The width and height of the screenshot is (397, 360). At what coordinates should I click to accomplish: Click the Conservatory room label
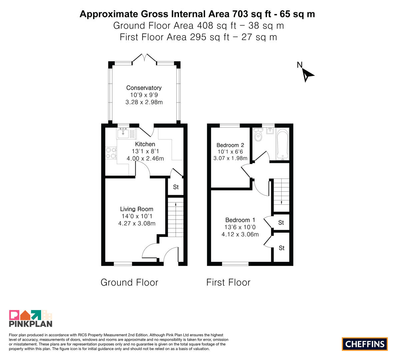144,88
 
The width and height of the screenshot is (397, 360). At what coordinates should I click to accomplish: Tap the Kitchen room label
145,144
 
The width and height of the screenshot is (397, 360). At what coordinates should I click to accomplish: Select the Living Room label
137,209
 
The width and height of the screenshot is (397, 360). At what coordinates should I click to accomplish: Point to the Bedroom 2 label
230,145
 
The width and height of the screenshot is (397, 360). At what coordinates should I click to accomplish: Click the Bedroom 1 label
240,220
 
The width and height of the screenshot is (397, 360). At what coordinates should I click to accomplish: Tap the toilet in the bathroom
258,134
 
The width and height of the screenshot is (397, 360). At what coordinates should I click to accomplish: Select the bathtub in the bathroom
283,144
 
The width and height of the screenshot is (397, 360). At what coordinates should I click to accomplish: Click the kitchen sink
126,133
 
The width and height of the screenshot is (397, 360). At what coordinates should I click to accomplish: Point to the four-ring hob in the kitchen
111,153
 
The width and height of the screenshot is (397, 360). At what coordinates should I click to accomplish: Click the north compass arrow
308,75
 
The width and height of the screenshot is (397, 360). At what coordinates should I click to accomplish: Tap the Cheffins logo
365,344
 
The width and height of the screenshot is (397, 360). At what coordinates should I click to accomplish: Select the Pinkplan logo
31,318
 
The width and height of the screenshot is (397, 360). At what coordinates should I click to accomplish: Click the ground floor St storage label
176,187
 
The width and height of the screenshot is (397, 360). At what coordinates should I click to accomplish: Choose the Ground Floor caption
129,282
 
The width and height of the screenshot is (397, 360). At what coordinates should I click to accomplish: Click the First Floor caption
228,282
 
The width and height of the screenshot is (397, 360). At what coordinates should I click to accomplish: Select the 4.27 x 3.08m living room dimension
137,223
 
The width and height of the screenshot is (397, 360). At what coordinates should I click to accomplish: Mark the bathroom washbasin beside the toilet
270,131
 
